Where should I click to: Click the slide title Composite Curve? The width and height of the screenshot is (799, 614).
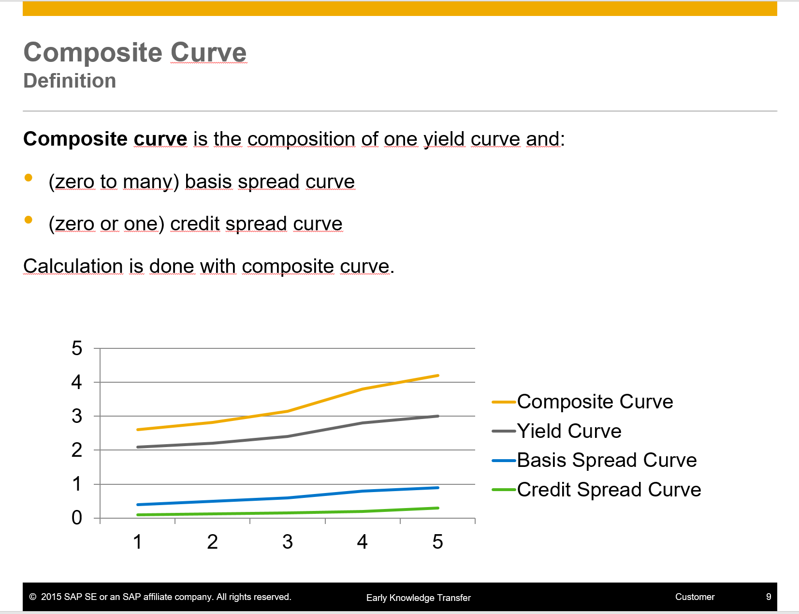[135, 52]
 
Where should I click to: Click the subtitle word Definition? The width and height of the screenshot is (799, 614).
[70, 81]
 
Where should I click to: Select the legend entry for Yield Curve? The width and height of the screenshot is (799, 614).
[569, 431]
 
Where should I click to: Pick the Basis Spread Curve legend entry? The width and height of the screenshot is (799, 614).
[607, 460]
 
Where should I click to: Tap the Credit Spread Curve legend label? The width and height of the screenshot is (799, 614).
[609, 490]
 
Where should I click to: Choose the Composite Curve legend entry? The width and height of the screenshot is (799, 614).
[595, 402]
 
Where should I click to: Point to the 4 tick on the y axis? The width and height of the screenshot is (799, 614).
[77, 382]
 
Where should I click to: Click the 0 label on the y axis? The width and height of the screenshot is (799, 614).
[77, 518]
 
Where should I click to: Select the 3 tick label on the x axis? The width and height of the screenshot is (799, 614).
[288, 542]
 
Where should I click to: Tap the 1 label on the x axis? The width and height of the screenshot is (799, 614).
[138, 542]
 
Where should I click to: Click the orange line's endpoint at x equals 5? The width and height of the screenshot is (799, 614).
[437, 375]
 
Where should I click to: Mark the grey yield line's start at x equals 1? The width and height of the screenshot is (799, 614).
[138, 447]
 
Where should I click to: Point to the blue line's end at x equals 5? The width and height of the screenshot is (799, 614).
[437, 488]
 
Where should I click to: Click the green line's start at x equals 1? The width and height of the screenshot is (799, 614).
[138, 515]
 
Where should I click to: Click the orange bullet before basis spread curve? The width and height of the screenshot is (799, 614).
[29, 178]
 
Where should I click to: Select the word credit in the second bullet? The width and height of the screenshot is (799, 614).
[195, 224]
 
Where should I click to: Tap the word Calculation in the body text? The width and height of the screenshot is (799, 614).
[73, 266]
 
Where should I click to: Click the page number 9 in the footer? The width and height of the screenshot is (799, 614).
[769, 597]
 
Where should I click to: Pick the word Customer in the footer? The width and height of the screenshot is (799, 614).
[695, 597]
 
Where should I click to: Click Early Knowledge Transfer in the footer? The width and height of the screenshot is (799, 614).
[418, 598]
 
